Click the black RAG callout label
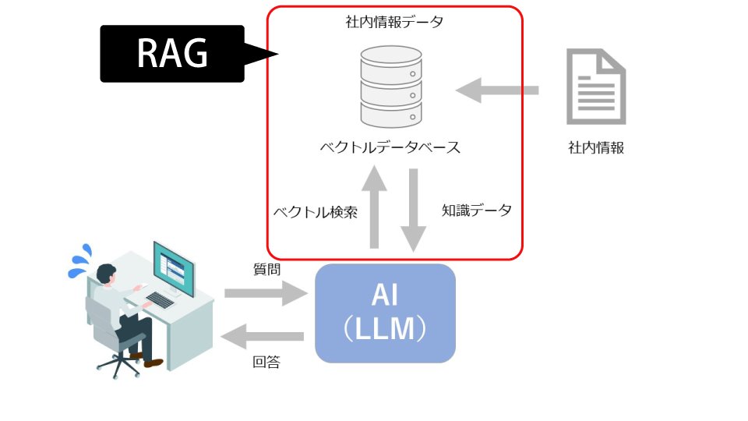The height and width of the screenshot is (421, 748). pyautogui.click(x=172, y=54)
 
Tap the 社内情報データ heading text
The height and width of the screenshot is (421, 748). pyautogui.click(x=394, y=22)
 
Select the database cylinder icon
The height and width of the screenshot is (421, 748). pyautogui.click(x=391, y=87)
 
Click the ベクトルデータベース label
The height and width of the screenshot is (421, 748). pyautogui.click(x=390, y=147)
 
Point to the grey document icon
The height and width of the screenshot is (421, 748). pyautogui.click(x=596, y=87)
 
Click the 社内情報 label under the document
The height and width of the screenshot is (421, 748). pyautogui.click(x=596, y=148)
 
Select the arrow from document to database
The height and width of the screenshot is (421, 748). pyautogui.click(x=497, y=90)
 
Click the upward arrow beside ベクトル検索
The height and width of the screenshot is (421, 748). pyautogui.click(x=375, y=207)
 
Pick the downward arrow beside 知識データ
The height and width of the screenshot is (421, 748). pyautogui.click(x=413, y=210)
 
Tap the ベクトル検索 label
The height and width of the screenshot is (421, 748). pyautogui.click(x=316, y=212)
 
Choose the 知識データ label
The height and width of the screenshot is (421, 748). pyautogui.click(x=477, y=210)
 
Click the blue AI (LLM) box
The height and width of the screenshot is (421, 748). pyautogui.click(x=385, y=313)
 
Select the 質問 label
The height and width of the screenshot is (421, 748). pyautogui.click(x=266, y=270)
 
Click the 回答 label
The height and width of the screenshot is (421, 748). pyautogui.click(x=266, y=363)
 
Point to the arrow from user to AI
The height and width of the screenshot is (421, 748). pyautogui.click(x=266, y=293)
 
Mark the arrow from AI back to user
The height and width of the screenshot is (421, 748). pyautogui.click(x=262, y=337)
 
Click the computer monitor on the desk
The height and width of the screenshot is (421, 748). pyautogui.click(x=174, y=269)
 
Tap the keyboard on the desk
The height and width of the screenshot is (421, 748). pyautogui.click(x=161, y=300)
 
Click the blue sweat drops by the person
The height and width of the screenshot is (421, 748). pyautogui.click(x=80, y=262)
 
